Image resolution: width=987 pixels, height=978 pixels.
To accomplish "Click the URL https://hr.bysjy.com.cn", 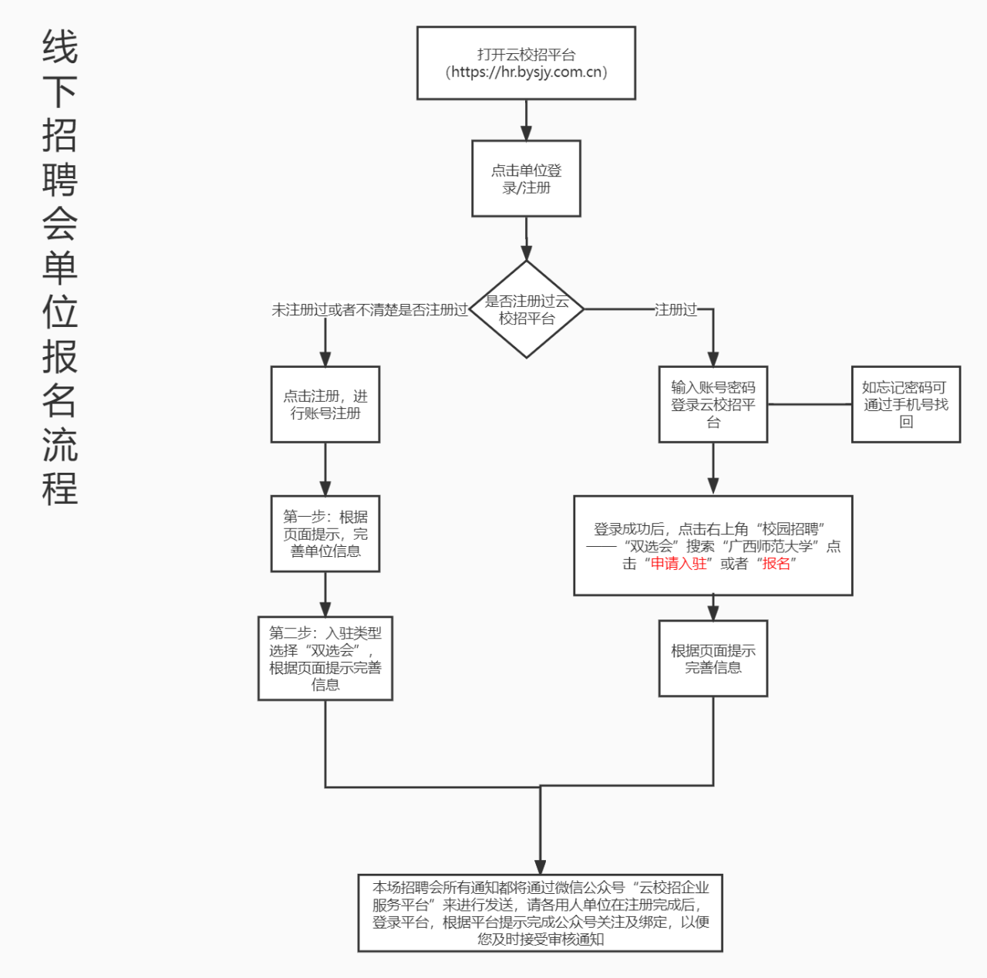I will (x=527, y=73).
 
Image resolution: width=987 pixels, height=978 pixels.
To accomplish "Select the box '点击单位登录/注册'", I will (x=526, y=178).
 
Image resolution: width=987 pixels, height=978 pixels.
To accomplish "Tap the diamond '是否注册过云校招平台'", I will (x=527, y=309).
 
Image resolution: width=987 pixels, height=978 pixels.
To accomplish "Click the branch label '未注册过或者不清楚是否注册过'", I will (x=369, y=310).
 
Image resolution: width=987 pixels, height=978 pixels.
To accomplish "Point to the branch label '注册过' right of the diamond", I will (x=675, y=310).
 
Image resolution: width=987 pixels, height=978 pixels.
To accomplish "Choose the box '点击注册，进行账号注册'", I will (x=325, y=404).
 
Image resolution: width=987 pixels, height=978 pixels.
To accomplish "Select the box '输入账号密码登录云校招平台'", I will (x=712, y=404).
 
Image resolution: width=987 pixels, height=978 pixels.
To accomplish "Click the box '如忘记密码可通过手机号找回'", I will (x=905, y=404).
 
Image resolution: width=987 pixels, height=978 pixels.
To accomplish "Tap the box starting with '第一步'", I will (x=325, y=534).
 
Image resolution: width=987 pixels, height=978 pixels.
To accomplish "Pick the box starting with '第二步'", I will (x=325, y=658).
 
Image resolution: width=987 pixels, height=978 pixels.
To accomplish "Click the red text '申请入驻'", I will (x=679, y=564).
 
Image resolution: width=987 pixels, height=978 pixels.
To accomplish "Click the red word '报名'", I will (x=776, y=564).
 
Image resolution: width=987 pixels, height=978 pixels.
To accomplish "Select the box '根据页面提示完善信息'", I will (x=712, y=658).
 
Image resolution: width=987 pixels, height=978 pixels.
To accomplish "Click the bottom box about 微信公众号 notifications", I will (x=540, y=912).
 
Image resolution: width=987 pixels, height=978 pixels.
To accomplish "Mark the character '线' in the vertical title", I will (x=60, y=48).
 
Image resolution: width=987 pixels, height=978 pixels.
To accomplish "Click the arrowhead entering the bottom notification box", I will (x=540, y=866).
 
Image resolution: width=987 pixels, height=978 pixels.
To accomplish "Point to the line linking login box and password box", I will (x=809, y=404).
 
